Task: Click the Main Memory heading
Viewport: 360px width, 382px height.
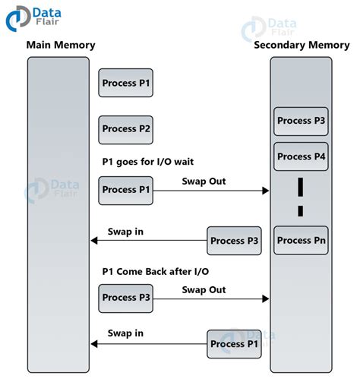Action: click(x=61, y=45)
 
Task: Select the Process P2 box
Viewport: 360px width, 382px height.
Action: click(x=126, y=129)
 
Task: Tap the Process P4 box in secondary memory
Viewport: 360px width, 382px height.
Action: click(x=301, y=156)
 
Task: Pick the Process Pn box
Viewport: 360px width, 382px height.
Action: click(x=301, y=241)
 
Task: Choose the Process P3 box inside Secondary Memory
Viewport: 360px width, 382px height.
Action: click(x=301, y=121)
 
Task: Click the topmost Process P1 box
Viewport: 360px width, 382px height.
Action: click(x=126, y=83)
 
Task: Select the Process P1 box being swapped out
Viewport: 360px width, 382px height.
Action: click(x=126, y=190)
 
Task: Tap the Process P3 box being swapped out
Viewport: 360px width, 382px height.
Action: click(x=126, y=298)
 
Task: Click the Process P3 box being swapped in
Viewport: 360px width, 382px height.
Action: click(x=235, y=241)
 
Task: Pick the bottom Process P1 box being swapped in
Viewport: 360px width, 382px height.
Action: click(x=235, y=344)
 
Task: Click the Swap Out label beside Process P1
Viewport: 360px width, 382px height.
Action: click(x=204, y=181)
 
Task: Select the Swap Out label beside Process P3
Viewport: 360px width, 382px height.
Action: click(x=204, y=289)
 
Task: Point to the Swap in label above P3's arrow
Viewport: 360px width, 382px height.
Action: click(x=125, y=230)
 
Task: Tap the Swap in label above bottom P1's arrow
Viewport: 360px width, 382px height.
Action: click(x=125, y=333)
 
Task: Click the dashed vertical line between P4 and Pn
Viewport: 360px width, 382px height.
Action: click(x=301, y=196)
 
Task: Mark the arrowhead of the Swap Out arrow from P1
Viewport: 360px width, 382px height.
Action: click(x=266, y=191)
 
